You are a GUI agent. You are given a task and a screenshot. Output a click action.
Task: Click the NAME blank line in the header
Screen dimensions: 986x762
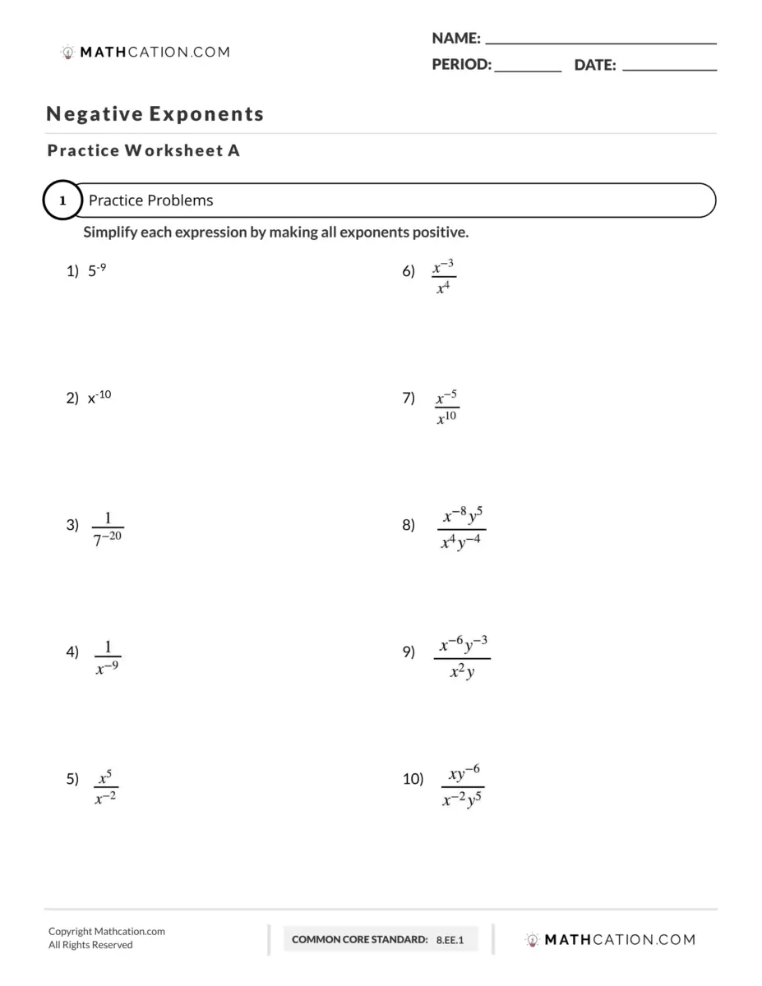601,41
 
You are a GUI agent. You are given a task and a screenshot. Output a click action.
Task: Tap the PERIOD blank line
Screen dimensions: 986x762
528,70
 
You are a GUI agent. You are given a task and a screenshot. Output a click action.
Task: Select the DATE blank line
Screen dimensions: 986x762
669,70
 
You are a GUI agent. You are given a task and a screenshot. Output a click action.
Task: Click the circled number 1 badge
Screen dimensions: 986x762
62,200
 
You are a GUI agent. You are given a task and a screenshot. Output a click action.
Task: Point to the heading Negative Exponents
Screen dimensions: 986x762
155,114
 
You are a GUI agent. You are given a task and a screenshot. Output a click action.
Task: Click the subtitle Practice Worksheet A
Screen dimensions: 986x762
144,150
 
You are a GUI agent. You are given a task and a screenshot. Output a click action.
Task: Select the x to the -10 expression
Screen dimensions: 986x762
99,398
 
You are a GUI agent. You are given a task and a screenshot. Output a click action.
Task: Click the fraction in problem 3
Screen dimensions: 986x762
108,528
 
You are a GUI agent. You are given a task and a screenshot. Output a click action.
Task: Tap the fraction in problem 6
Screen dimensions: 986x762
444,278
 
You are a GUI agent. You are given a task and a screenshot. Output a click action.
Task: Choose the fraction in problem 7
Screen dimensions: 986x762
446,407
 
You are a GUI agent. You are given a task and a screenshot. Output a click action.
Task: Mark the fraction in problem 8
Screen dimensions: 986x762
462,529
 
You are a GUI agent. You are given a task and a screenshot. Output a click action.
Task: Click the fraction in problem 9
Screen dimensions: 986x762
462,657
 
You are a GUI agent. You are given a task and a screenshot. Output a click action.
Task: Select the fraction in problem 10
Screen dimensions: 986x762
462,786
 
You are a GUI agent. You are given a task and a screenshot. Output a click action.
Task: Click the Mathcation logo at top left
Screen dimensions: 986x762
145,52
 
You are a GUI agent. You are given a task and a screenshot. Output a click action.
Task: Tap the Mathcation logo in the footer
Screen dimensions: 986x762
610,939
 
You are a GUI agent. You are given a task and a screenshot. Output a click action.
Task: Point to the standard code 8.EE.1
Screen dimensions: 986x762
450,939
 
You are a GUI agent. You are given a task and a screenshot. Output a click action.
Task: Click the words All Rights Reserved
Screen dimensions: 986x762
90,945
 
